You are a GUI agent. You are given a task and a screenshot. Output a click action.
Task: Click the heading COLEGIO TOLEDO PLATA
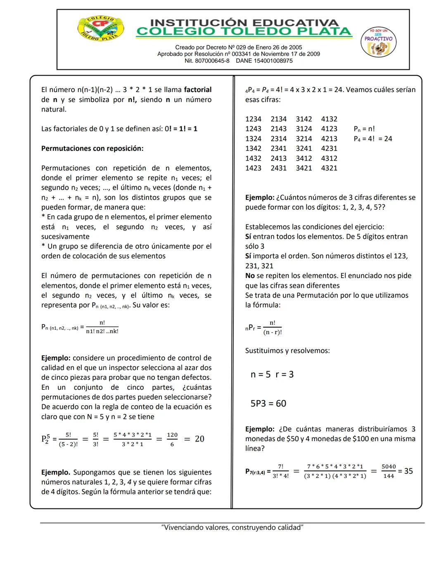(244, 31)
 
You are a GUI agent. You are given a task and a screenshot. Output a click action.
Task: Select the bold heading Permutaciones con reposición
(92, 148)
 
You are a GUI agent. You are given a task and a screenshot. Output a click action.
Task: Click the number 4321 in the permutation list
(329, 168)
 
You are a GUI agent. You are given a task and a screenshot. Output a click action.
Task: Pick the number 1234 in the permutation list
(253, 119)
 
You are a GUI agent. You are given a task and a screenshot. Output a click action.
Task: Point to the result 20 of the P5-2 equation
(199, 439)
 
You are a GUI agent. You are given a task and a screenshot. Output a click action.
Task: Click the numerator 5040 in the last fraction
(389, 466)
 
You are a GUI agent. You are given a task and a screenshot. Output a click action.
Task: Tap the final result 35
(408, 471)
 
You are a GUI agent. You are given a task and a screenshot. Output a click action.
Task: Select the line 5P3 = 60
(268, 404)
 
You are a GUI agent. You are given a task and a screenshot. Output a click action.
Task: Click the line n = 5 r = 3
(272, 375)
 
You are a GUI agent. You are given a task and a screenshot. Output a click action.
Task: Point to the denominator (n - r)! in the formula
(273, 332)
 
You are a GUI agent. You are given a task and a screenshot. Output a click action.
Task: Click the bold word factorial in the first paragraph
(197, 90)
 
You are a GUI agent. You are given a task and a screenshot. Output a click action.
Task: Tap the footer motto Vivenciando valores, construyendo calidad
(232, 527)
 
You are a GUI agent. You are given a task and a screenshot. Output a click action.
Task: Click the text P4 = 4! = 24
(373, 139)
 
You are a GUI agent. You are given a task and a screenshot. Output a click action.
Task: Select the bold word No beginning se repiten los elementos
(250, 275)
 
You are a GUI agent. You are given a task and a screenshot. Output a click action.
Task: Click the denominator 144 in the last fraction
(389, 476)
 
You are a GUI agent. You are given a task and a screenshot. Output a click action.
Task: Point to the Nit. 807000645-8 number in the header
(207, 61)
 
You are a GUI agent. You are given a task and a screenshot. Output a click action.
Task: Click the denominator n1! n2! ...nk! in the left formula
(102, 331)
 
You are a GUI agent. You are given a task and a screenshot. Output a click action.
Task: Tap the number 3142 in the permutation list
(304, 119)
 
